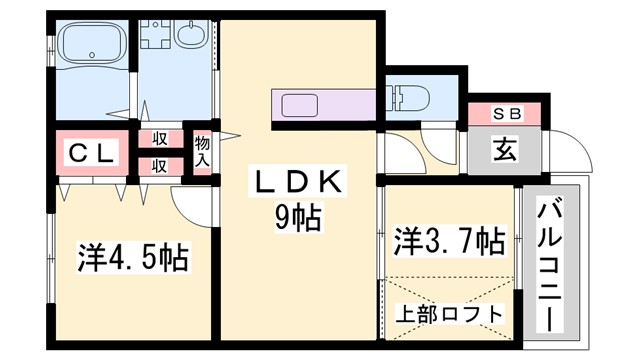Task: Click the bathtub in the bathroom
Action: pos(90,45)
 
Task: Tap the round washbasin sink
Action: pos(191,36)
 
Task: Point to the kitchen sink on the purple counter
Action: pos(299,105)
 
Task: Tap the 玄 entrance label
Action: pos(504,152)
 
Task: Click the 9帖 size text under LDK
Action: pos(299,217)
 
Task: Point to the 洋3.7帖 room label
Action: pos(448,240)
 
